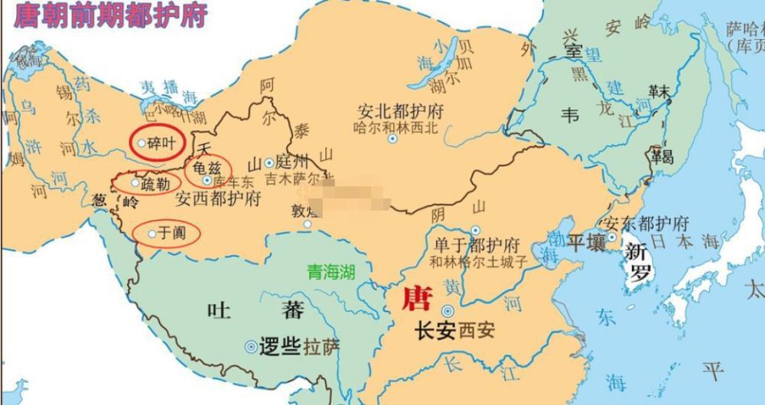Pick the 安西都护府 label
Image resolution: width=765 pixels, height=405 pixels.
[x=218, y=198]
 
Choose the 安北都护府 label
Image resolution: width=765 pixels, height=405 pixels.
[x=400, y=111]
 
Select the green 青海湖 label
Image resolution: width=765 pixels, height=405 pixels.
[x=331, y=272]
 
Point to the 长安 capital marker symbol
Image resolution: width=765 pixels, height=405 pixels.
[x=446, y=311]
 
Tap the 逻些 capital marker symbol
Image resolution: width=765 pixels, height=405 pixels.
[x=250, y=347]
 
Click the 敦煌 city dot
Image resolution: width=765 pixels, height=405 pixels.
[x=308, y=224]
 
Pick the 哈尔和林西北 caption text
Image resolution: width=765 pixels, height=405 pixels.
[x=398, y=127]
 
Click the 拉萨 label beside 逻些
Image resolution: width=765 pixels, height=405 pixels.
[x=321, y=347]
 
